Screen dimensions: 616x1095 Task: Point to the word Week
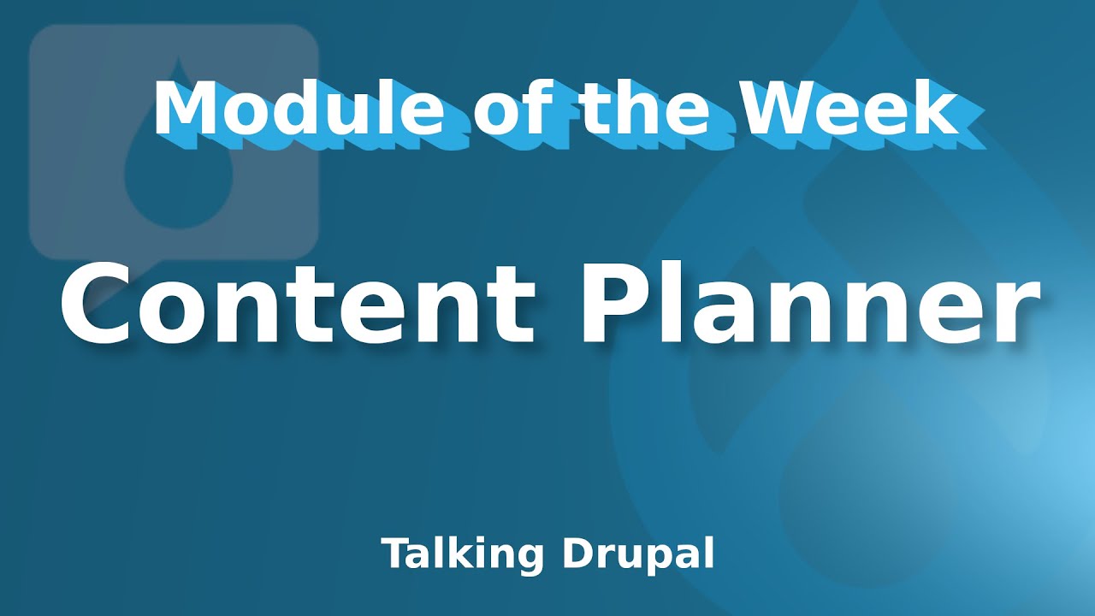pos(849,110)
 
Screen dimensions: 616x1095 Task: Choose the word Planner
pos(814,304)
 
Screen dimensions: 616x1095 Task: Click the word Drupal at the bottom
pos(638,554)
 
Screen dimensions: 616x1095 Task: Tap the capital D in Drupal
pos(577,554)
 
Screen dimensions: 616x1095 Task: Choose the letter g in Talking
pos(531,558)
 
